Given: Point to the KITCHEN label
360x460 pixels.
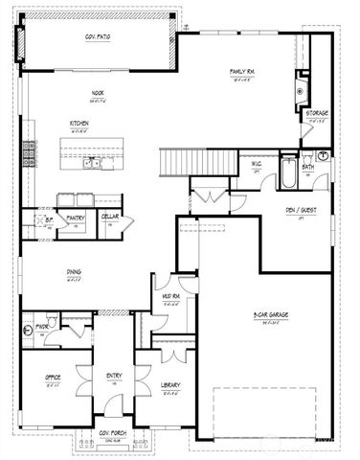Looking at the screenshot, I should click(x=80, y=125).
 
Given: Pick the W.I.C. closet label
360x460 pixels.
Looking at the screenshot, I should click(x=257, y=164).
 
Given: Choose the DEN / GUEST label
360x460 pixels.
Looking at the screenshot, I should click(x=303, y=211).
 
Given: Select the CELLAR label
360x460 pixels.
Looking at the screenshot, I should click(x=109, y=217).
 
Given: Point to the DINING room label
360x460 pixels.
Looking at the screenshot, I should click(x=74, y=272).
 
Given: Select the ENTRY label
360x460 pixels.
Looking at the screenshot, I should click(x=114, y=375).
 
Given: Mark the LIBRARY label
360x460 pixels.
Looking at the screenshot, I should click(x=170, y=385).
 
